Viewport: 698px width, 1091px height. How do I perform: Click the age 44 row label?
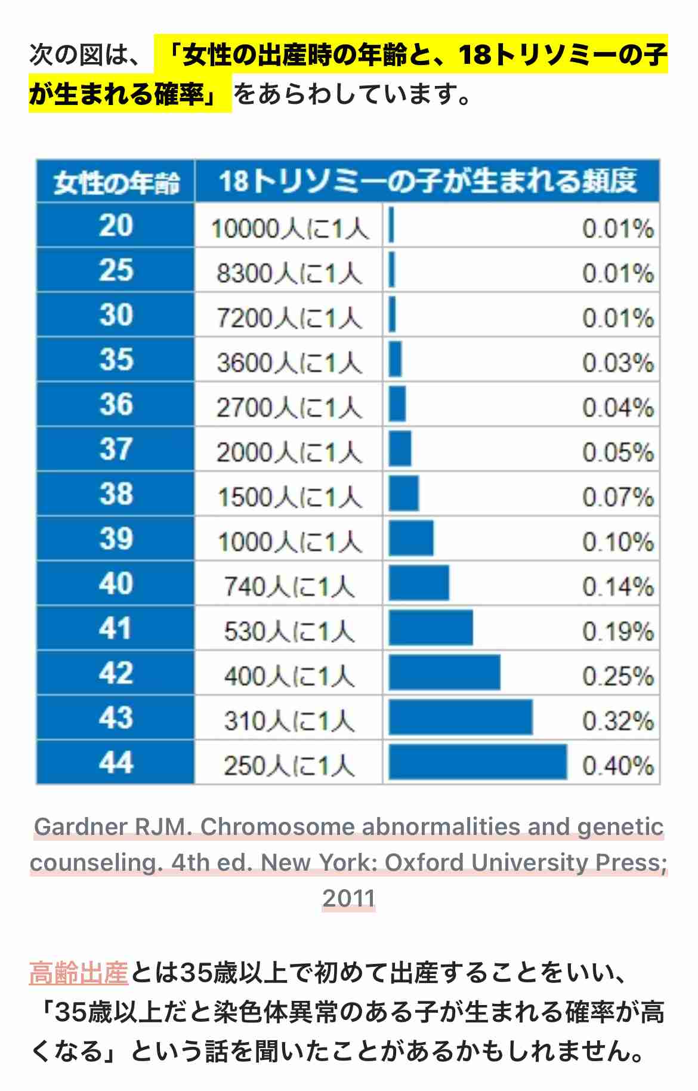[x=116, y=762]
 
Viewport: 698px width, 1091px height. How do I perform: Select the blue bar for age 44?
[x=477, y=762]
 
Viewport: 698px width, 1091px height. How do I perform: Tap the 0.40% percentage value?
[x=618, y=766]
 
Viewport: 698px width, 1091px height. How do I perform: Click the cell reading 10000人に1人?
[x=290, y=229]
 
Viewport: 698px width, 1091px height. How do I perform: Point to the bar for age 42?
[x=444, y=673]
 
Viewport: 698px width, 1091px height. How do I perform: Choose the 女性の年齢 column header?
[x=116, y=182]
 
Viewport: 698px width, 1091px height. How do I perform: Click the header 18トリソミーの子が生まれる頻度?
[x=427, y=181]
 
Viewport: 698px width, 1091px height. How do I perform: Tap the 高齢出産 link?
[x=79, y=972]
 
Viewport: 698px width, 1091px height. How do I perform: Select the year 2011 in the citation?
[x=349, y=898]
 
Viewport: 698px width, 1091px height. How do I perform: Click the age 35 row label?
[x=116, y=359]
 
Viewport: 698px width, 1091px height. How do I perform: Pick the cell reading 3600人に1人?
[x=289, y=363]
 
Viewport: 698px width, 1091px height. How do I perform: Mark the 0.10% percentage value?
[x=618, y=542]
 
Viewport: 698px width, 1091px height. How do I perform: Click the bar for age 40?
[x=419, y=583]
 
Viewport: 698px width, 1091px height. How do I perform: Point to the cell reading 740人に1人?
[x=289, y=587]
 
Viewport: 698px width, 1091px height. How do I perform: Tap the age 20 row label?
[x=116, y=226]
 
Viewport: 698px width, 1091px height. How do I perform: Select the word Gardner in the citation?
[x=81, y=827]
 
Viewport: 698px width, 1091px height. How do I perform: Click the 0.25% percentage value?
[x=618, y=676]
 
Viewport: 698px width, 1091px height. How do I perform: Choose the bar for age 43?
[x=461, y=717]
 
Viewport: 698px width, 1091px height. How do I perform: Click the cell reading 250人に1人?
[x=289, y=766]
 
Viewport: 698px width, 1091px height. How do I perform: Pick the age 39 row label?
[x=116, y=538]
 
